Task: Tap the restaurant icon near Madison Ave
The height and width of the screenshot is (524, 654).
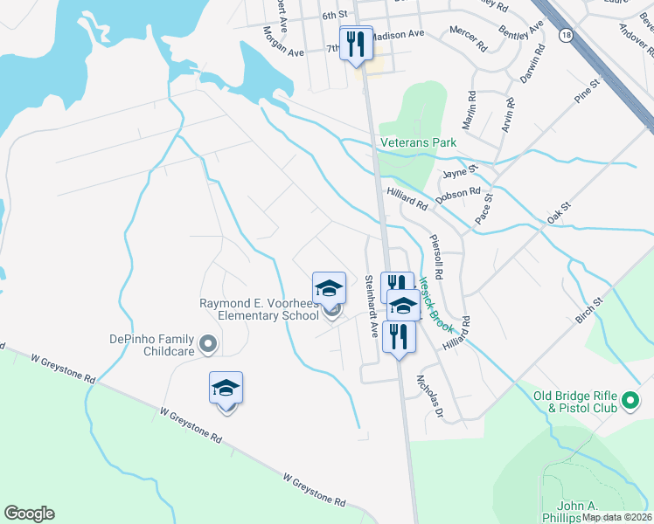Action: [356, 44]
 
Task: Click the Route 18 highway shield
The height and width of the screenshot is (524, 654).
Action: [567, 34]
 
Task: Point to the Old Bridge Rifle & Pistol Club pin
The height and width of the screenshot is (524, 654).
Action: [631, 403]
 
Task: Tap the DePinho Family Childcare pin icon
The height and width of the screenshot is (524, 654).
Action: [208, 345]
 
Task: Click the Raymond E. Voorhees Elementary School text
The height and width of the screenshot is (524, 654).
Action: [259, 309]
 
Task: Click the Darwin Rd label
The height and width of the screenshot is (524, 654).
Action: [532, 63]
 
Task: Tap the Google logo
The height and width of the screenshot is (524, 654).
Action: [29, 514]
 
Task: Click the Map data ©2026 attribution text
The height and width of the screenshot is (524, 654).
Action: [616, 517]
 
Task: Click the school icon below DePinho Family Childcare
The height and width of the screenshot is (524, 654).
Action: [226, 390]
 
